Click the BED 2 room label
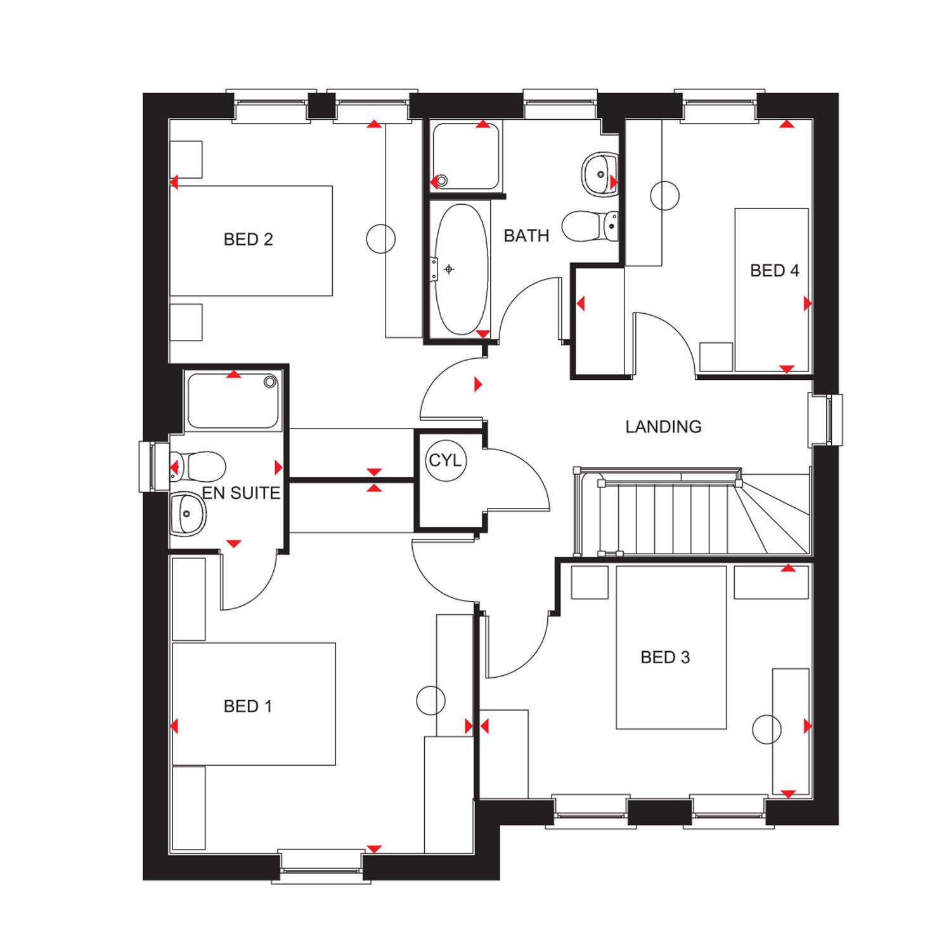[x=248, y=240]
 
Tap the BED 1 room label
[x=248, y=706]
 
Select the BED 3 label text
[x=665, y=657]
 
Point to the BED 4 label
[x=774, y=271]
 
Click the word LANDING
[x=663, y=427]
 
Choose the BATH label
[x=526, y=236]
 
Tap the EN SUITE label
[x=241, y=493]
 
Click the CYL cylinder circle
[x=446, y=460]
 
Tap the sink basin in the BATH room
[x=598, y=171]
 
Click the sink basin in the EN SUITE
[x=188, y=512]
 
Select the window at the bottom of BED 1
[x=321, y=865]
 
